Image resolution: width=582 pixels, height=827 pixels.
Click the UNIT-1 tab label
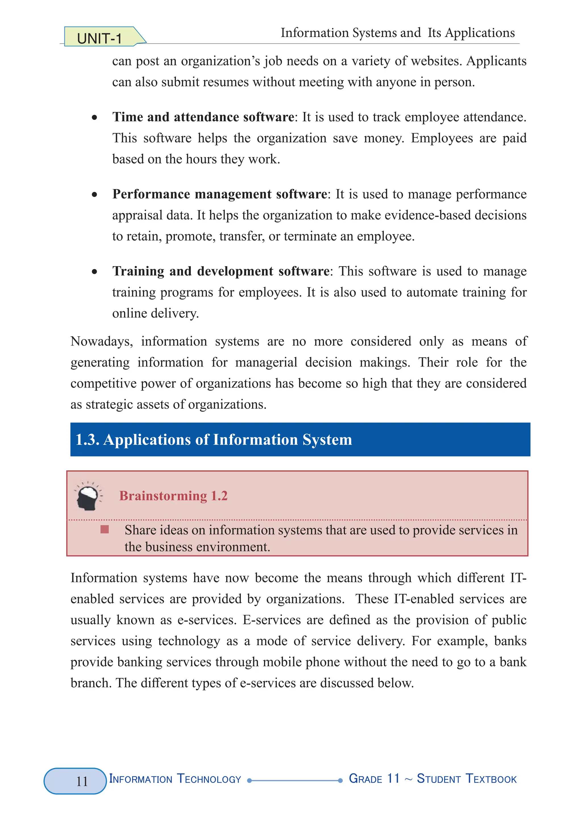coord(99,38)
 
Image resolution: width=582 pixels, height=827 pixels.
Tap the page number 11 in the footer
coord(82,781)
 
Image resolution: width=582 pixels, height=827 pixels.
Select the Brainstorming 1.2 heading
coord(173,496)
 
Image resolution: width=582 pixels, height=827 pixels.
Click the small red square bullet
coord(105,529)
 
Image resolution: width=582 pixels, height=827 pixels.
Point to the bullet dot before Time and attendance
coord(94,117)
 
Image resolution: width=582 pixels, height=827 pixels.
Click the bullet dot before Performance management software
coord(94,195)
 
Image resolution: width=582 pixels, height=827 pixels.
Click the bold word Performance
coord(151,194)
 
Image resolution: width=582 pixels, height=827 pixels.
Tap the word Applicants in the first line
coord(496,61)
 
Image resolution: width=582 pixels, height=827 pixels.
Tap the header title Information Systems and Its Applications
coord(398,33)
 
